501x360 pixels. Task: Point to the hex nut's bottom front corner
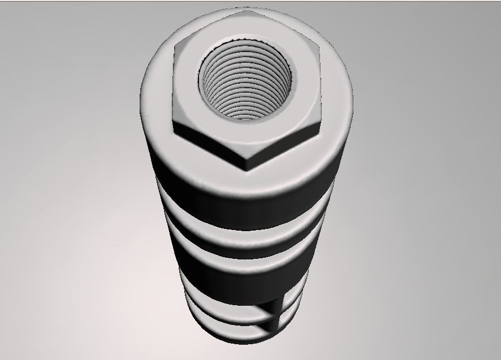pyautogui.click(x=247, y=169)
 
